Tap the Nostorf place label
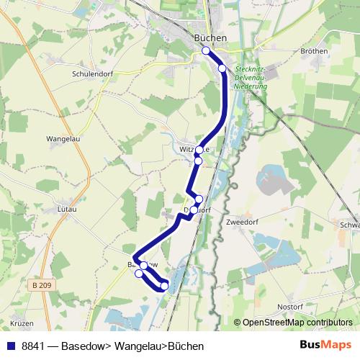click(x=291, y=307)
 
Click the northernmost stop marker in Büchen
click(x=206, y=50)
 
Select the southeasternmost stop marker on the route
click(x=164, y=286)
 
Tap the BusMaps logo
click(x=325, y=346)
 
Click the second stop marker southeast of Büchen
click(x=222, y=68)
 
